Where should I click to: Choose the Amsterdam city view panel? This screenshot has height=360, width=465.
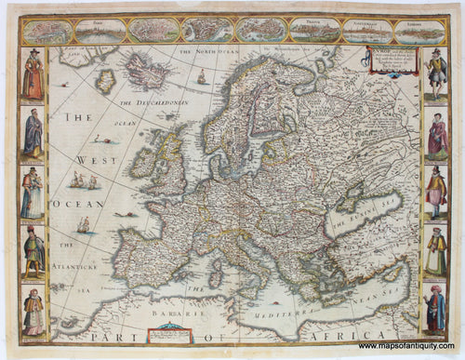coord(366,32)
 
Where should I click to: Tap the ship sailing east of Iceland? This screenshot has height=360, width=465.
coord(202,77)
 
